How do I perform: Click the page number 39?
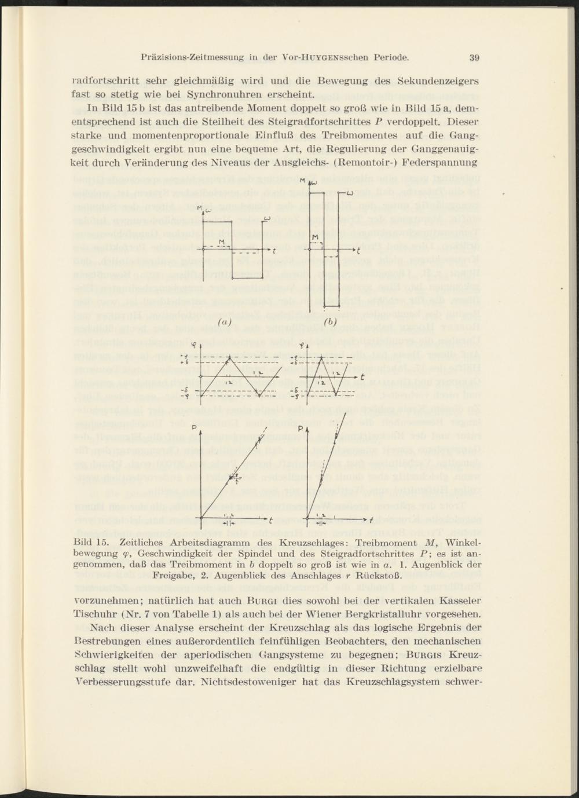coord(474,57)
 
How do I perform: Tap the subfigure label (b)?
coord(331,321)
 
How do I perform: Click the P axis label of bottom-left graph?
coord(195,427)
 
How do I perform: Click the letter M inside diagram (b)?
coord(316,237)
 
